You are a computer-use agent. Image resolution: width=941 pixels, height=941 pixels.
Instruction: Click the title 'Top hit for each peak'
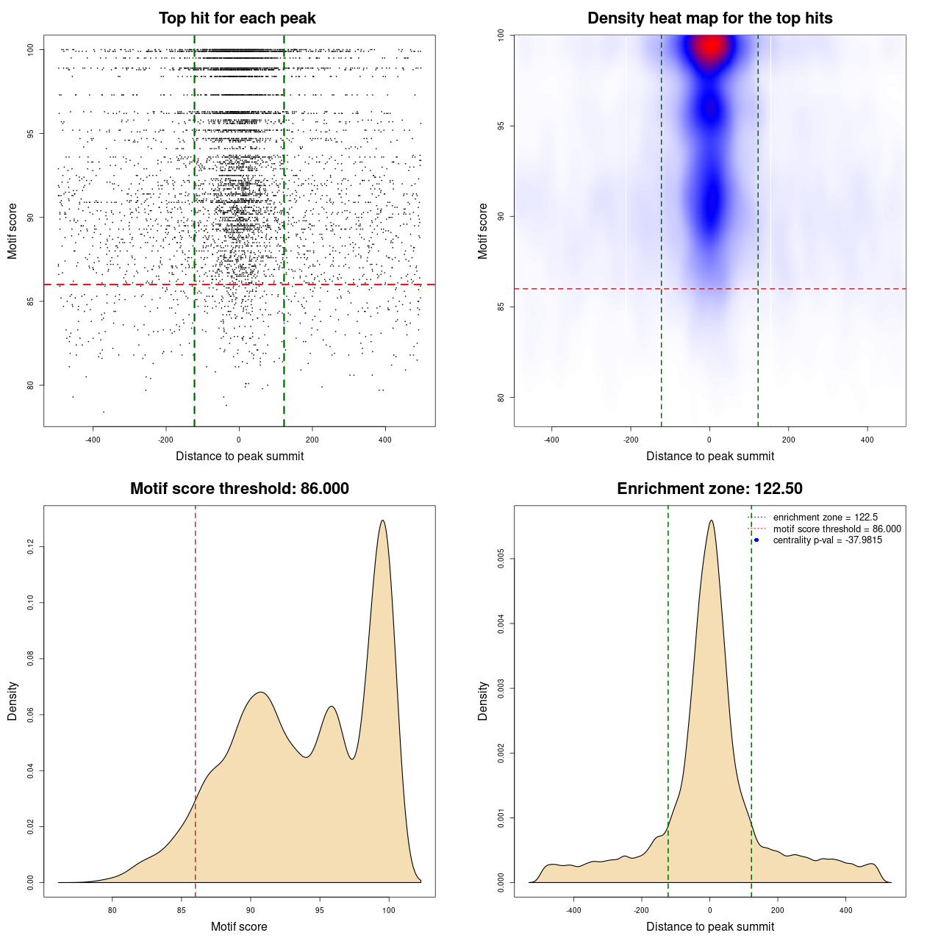click(x=237, y=18)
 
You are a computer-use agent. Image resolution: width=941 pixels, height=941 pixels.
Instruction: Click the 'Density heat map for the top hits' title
click(x=709, y=18)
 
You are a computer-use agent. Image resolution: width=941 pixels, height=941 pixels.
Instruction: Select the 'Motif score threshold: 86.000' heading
click(x=239, y=489)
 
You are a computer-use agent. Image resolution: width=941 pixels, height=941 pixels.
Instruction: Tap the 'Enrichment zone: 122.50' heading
click(x=709, y=489)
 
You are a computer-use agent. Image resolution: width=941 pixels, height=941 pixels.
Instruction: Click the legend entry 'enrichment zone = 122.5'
click(x=825, y=518)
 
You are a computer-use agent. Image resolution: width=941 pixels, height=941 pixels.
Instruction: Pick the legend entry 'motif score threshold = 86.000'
click(x=837, y=529)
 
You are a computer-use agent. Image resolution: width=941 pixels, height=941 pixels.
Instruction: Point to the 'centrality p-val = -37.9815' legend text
click(x=827, y=540)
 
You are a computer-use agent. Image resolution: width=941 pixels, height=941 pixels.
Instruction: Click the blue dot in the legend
click(x=756, y=540)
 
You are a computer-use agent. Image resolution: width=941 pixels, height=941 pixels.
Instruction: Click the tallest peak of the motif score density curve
click(x=382, y=521)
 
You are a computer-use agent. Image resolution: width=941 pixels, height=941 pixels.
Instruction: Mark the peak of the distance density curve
click(x=711, y=521)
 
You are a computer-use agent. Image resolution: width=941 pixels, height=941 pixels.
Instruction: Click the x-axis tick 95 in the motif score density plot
click(x=320, y=910)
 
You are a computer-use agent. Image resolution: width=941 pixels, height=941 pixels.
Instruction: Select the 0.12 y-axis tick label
click(x=30, y=546)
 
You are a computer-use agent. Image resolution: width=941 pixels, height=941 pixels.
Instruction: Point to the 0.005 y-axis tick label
click(x=501, y=559)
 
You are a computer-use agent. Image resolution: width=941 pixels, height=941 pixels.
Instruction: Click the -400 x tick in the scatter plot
click(x=93, y=440)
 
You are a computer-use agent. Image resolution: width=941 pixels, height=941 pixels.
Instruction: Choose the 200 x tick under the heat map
click(x=788, y=440)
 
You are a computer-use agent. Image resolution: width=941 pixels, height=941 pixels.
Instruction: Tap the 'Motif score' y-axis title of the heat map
click(x=483, y=231)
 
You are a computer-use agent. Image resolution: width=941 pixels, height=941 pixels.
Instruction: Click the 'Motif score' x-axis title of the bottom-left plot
click(x=239, y=926)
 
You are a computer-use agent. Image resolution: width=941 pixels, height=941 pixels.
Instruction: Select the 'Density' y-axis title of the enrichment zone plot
click(x=483, y=701)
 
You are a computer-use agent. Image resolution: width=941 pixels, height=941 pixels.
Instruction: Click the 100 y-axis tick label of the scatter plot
click(x=30, y=49)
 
